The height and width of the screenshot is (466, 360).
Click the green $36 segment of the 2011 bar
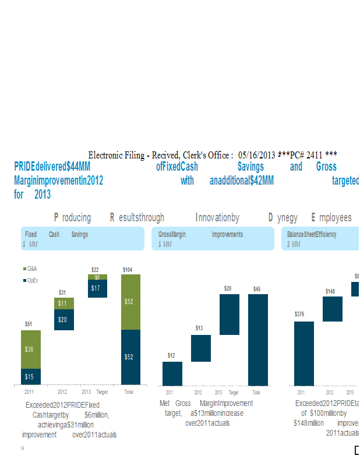[31, 349]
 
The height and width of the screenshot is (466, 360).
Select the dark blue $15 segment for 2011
[31, 376]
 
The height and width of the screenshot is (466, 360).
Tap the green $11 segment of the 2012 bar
[63, 303]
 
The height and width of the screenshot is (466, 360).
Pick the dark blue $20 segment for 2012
[63, 319]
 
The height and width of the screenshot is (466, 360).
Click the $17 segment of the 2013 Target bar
[97, 288]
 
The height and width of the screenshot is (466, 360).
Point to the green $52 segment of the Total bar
[130, 302]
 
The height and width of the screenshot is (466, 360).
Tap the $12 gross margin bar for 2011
[172, 373]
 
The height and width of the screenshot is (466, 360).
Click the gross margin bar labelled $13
[201, 348]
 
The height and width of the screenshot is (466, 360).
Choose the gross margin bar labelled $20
[229, 314]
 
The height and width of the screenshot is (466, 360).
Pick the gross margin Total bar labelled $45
[258, 340]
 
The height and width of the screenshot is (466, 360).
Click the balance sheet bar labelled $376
[304, 353]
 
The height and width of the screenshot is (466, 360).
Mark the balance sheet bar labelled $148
[333, 309]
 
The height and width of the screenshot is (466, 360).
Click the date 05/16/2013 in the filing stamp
[257, 155]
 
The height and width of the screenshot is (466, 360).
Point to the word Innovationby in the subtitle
[217, 218]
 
